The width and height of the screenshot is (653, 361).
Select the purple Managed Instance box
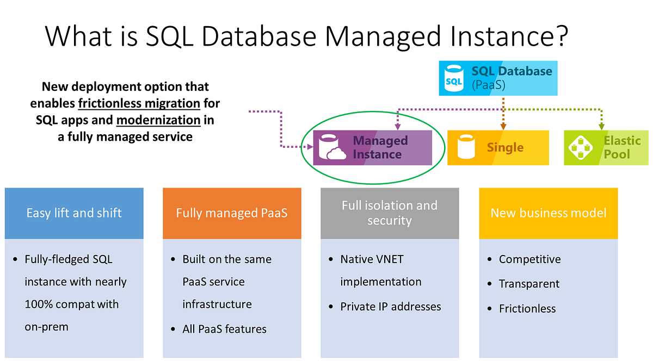373,147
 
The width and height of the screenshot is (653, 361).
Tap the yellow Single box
498,148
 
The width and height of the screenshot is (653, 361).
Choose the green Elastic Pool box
606,148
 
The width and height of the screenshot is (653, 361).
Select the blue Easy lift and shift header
74,213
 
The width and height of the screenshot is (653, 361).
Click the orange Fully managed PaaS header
232,213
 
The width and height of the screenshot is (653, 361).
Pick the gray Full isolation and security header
390,213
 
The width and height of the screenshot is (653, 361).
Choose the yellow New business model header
548,213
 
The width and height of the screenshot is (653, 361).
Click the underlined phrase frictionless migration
139,103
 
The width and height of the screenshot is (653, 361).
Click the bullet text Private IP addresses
390,307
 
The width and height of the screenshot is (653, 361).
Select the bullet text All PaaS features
224,329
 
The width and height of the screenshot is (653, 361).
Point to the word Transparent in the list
529,284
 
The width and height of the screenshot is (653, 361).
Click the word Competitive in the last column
529,259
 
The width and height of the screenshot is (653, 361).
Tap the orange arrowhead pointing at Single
503,127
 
